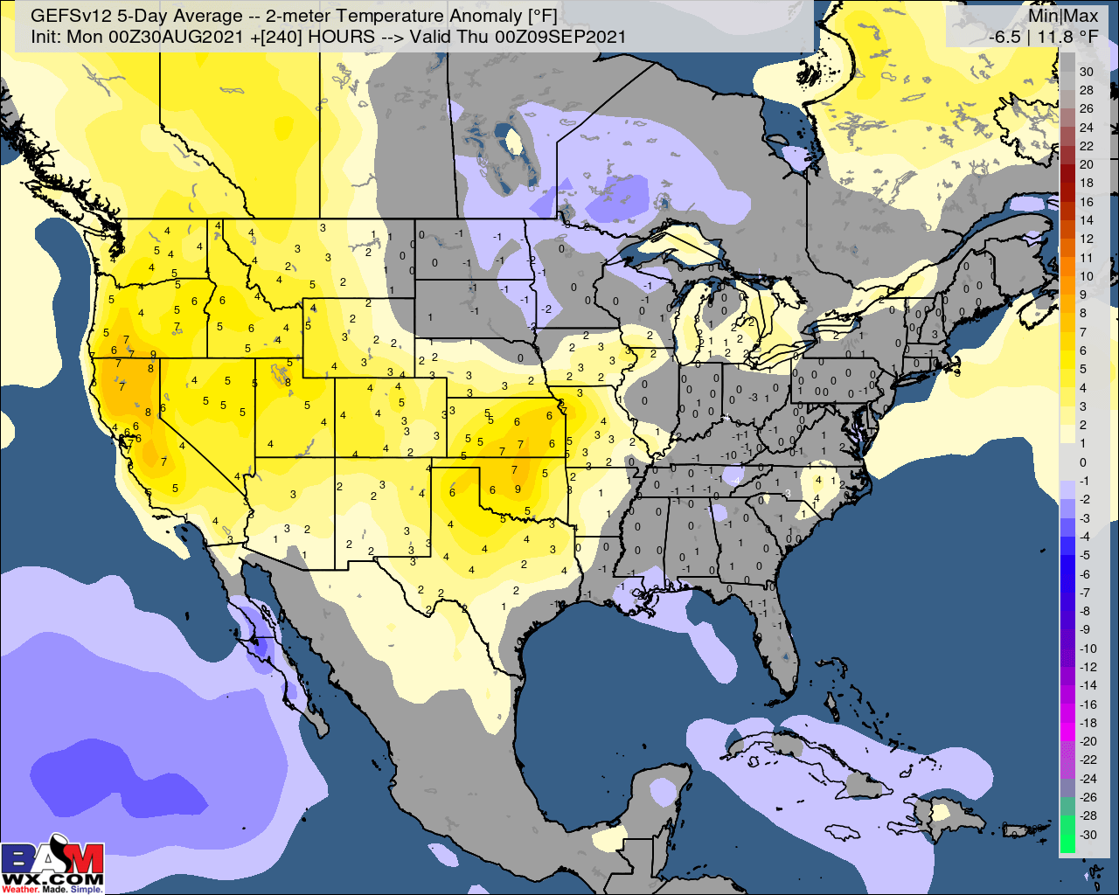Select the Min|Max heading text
pos(1063,16)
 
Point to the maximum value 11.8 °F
pos(1067,37)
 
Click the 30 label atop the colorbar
pos(1087,72)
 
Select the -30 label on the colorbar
pos(1087,835)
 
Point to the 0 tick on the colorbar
pos(1083,462)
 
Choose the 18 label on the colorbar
pos(1087,183)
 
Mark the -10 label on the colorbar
pos(1087,649)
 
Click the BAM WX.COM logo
pos(52,865)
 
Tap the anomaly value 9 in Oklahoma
pos(518,489)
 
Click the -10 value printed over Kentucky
pos(728,455)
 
